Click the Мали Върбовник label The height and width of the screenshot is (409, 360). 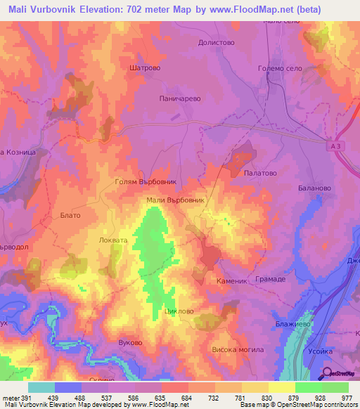click(x=175, y=200)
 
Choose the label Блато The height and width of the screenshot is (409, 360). click(x=70, y=215)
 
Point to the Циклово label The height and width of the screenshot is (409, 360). click(x=177, y=311)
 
